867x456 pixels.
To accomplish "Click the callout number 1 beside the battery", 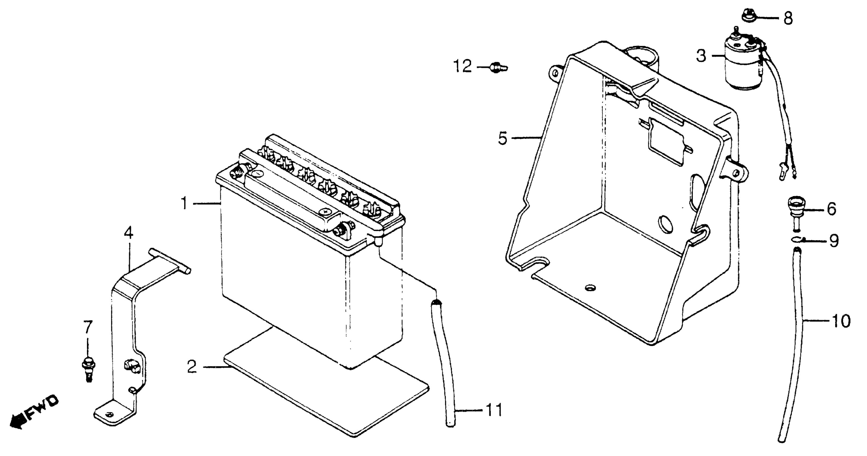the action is point(184,203).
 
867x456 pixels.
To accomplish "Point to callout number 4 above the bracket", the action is point(128,233).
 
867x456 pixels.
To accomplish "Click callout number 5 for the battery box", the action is point(503,138).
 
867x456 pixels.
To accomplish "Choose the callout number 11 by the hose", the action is point(494,410).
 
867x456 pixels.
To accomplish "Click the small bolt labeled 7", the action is point(88,369).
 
